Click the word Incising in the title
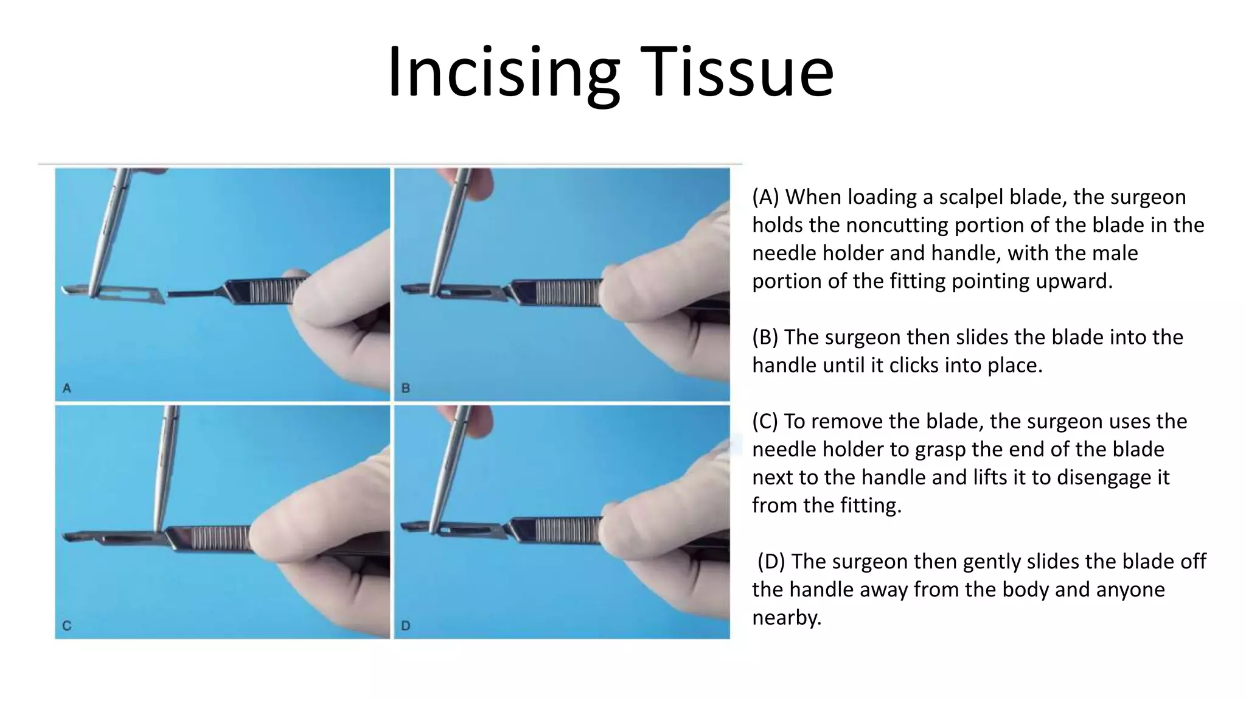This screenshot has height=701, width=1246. coord(503,72)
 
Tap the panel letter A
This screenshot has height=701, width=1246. coord(67,388)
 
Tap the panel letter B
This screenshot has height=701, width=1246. coord(406,388)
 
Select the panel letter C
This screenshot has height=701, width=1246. coord(67,625)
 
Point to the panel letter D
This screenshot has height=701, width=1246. coord(406,625)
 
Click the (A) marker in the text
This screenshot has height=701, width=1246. coord(765,197)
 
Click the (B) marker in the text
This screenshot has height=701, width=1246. coord(765,337)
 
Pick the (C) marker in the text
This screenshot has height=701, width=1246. coord(765,421)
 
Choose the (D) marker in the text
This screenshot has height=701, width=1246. coord(771,561)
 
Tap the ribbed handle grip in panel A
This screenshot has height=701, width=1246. coord(271,290)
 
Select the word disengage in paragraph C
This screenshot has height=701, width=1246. coord(1101,477)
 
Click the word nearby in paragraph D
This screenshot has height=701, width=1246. coord(786,617)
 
